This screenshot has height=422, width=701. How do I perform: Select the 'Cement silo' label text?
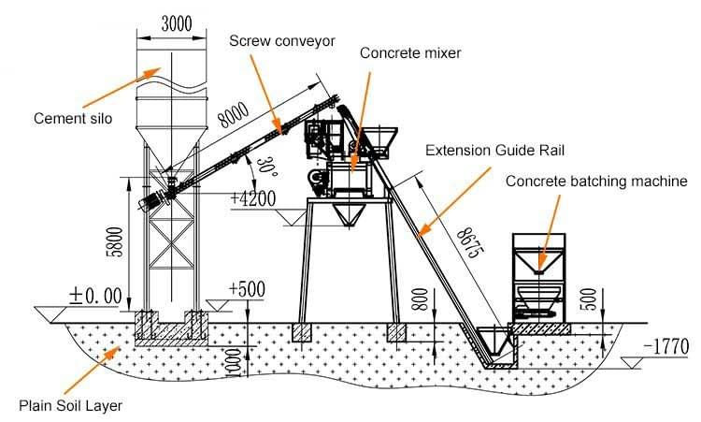pyautogui.click(x=72, y=119)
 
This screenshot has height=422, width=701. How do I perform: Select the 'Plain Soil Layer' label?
pyautogui.click(x=70, y=405)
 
